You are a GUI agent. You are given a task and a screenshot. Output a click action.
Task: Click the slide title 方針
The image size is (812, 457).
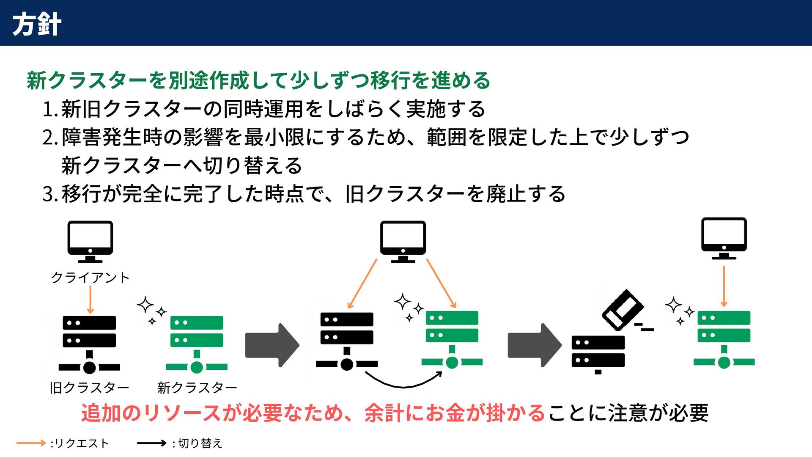pyautogui.click(x=37, y=24)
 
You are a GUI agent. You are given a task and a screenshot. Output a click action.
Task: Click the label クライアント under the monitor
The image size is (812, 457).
pyautogui.click(x=90, y=278)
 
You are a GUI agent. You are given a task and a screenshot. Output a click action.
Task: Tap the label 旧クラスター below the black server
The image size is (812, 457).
pyautogui.click(x=89, y=387)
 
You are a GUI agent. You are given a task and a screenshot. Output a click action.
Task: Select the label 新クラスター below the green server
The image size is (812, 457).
pyautogui.click(x=197, y=387)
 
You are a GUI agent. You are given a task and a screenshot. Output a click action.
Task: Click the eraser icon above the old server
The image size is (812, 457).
pyautogui.click(x=623, y=310)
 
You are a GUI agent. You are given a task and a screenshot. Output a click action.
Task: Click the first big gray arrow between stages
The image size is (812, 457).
pyautogui.click(x=272, y=345)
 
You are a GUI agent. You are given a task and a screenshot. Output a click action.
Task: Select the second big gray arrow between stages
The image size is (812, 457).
pyautogui.click(x=535, y=345)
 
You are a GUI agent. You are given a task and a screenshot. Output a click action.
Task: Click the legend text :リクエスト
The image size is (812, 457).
pyautogui.click(x=80, y=443)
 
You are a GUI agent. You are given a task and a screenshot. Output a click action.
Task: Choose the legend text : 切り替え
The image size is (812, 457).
pyautogui.click(x=197, y=443)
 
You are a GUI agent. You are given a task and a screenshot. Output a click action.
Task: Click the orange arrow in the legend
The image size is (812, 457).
pyautogui.click(x=31, y=443)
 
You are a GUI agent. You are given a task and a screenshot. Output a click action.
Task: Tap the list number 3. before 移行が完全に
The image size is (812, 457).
pyautogui.click(x=50, y=194)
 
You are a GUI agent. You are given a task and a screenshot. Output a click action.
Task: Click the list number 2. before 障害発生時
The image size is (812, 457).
pyautogui.click(x=50, y=138)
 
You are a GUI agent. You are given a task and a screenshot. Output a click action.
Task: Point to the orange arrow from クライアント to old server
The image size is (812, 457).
pyautogui.click(x=91, y=300)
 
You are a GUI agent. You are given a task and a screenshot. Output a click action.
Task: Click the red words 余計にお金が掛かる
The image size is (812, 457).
pyautogui.click(x=455, y=413)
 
